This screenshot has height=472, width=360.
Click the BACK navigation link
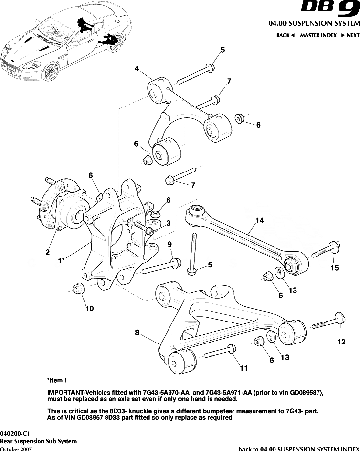(285, 35)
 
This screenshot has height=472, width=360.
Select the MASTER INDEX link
(318, 35)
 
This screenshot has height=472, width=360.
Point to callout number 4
(137, 69)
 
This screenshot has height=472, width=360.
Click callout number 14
(259, 221)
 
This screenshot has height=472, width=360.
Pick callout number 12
(341, 343)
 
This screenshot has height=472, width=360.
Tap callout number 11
(243, 367)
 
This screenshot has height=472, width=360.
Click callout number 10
(90, 308)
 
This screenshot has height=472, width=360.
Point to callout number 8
(137, 333)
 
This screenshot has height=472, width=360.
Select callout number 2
(48, 252)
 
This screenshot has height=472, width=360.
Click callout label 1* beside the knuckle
(62, 261)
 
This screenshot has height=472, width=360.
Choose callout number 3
(168, 223)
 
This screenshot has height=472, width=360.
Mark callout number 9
(169, 244)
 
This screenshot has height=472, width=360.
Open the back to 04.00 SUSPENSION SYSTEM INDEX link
(298, 449)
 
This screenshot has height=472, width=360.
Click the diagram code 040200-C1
(15, 433)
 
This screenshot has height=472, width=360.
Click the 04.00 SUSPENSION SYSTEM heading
(314, 23)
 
